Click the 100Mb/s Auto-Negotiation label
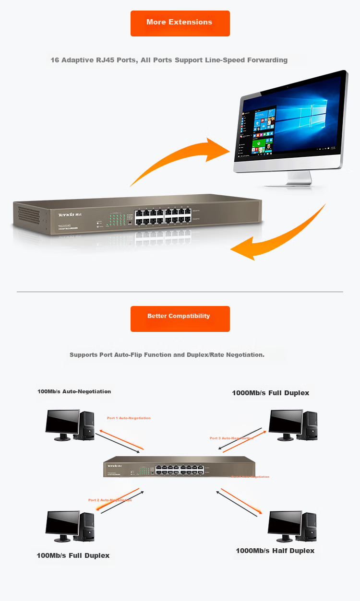click(74, 391)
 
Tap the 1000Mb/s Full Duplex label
click(270, 393)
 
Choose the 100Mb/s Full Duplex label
click(73, 555)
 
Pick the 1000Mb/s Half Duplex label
click(275, 551)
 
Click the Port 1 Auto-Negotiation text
click(129, 418)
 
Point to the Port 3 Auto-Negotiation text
click(231, 438)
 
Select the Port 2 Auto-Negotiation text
click(110, 500)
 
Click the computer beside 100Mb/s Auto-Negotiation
click(70, 425)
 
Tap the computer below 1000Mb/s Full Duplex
click(293, 425)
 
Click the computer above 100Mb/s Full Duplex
click(70, 526)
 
